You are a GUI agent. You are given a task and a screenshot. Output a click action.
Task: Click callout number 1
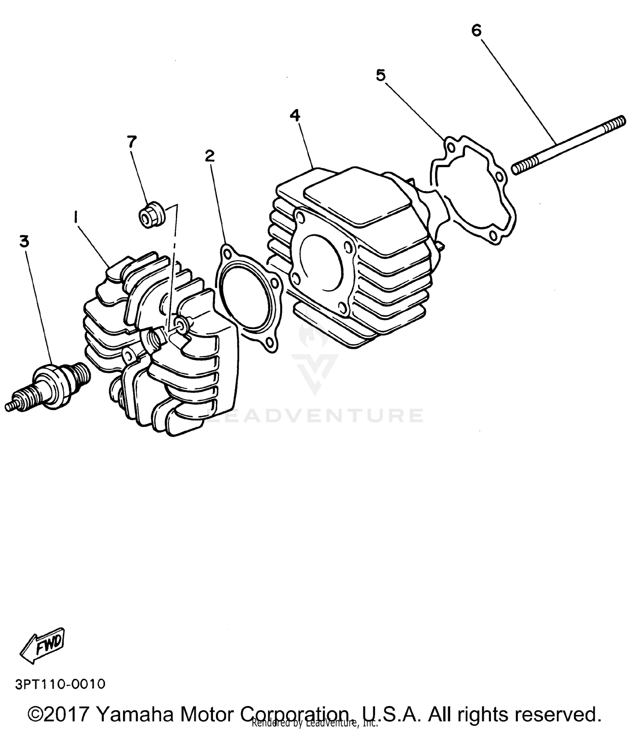tap(76, 217)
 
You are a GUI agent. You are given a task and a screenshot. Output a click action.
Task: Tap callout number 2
tap(209, 156)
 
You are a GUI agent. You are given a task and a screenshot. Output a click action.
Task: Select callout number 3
tap(24, 241)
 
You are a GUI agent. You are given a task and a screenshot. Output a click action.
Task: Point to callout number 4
tap(295, 115)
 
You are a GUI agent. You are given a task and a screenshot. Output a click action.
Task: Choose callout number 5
tap(380, 76)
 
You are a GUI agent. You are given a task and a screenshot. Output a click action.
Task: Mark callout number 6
tap(476, 30)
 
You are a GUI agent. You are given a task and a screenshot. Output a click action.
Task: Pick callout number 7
tap(132, 142)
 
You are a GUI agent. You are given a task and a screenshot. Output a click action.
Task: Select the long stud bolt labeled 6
tap(567, 145)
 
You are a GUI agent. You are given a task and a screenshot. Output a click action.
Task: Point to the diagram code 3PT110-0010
tap(60, 684)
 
